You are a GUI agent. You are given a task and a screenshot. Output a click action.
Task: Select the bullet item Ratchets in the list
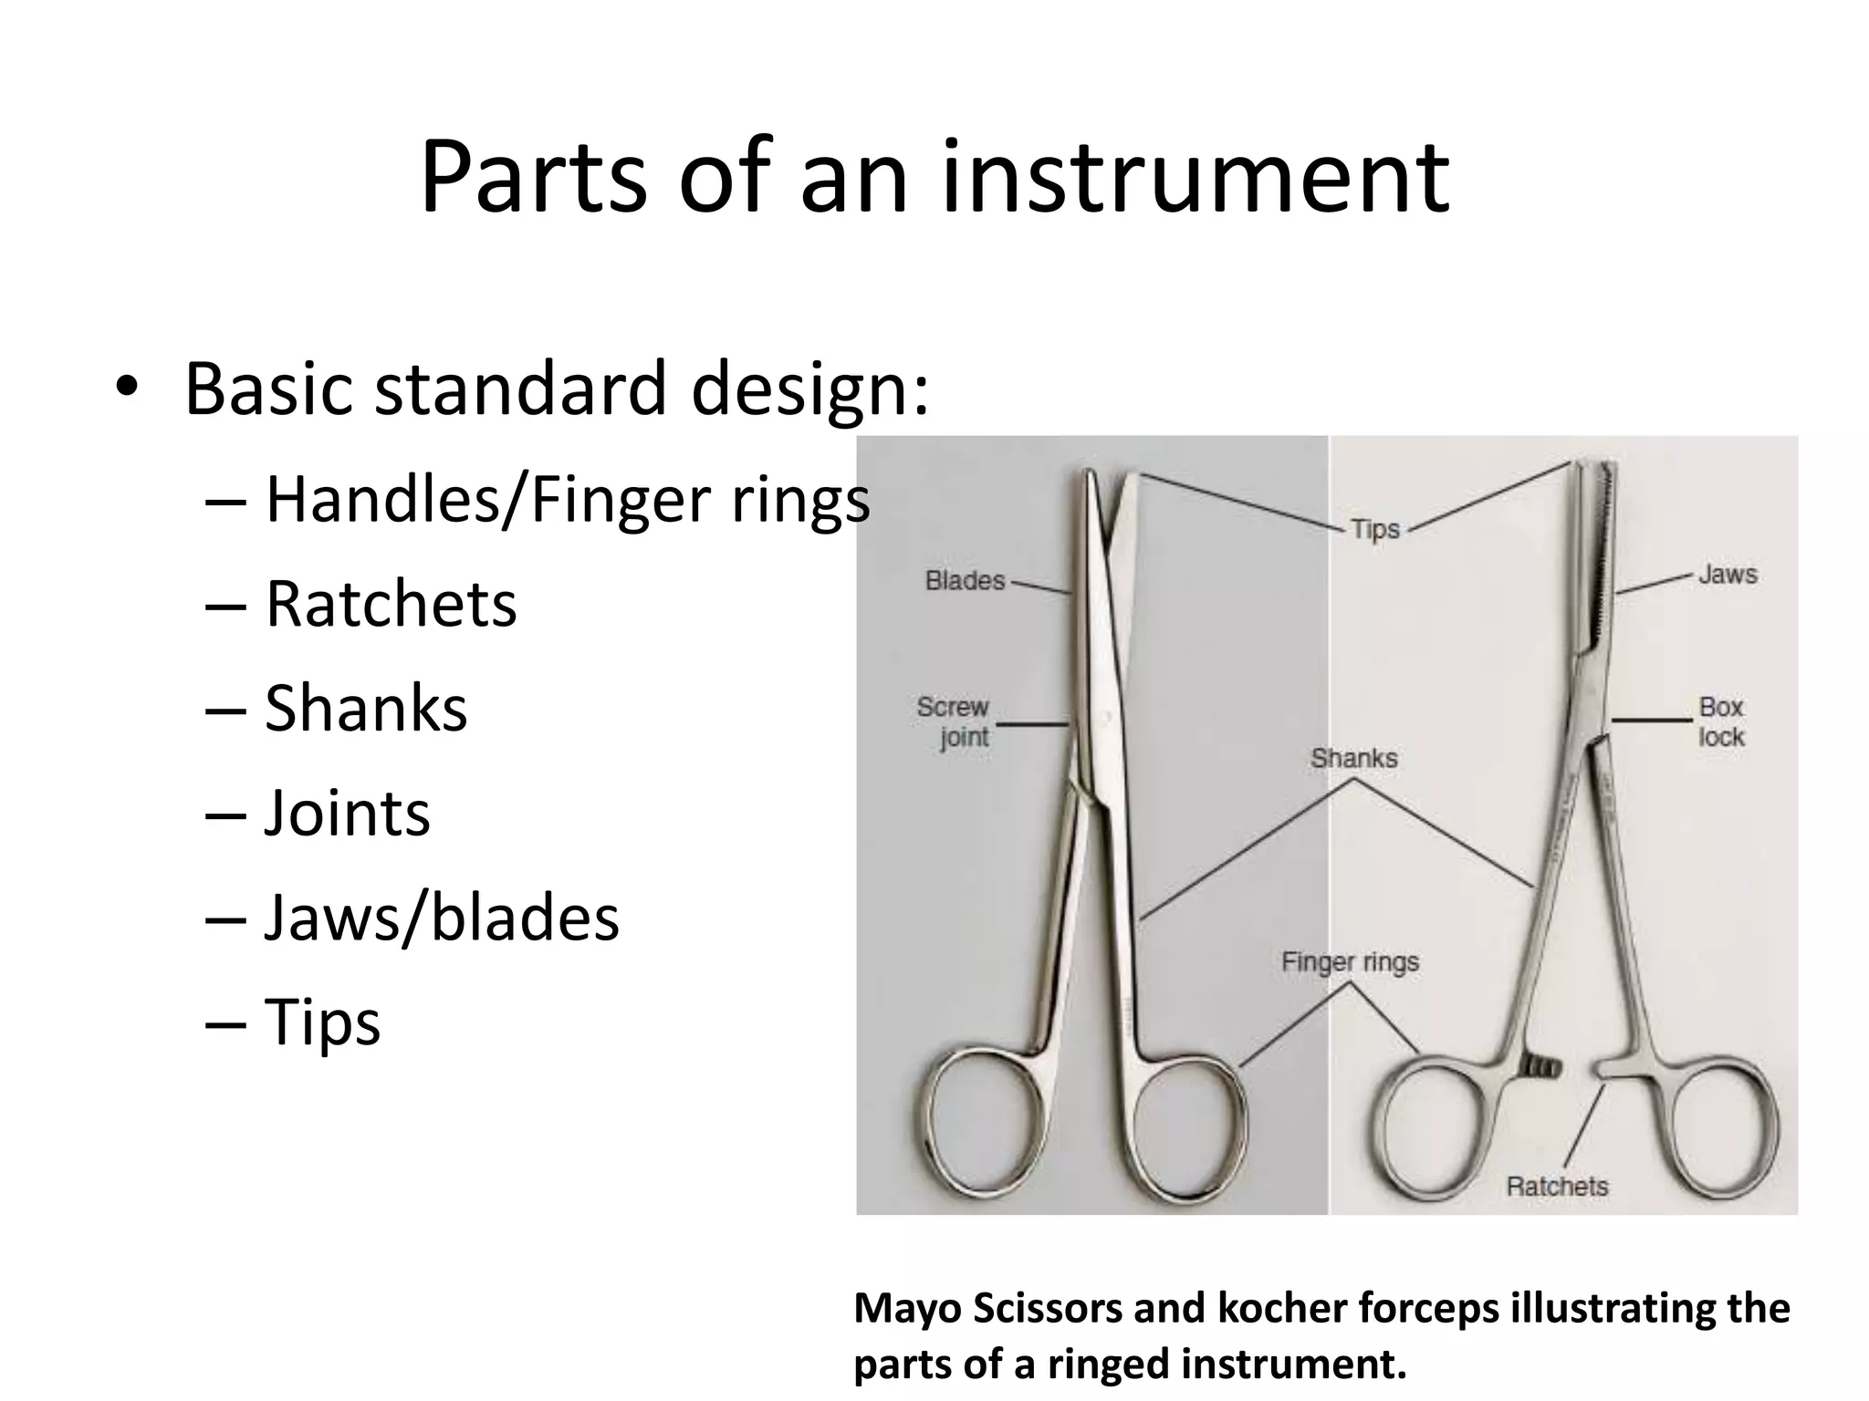(x=391, y=604)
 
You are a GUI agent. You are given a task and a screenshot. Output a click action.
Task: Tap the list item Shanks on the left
(x=365, y=708)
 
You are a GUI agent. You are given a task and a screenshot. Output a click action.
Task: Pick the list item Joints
(x=347, y=813)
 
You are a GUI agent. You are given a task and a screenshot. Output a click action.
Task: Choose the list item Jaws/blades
(x=442, y=917)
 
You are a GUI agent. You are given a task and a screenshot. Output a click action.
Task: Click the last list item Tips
(x=322, y=1022)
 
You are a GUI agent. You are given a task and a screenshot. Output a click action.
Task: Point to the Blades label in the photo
(x=965, y=580)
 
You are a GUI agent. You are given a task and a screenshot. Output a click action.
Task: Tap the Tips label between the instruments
(x=1375, y=529)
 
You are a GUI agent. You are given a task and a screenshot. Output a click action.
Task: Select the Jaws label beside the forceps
(x=1728, y=575)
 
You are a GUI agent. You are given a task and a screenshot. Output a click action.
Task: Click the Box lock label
(x=1721, y=721)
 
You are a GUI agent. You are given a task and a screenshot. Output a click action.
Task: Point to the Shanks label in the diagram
(x=1354, y=758)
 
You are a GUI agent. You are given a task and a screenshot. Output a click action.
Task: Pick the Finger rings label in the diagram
(x=1350, y=961)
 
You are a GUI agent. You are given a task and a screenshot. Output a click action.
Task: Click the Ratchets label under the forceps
(x=1557, y=1186)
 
